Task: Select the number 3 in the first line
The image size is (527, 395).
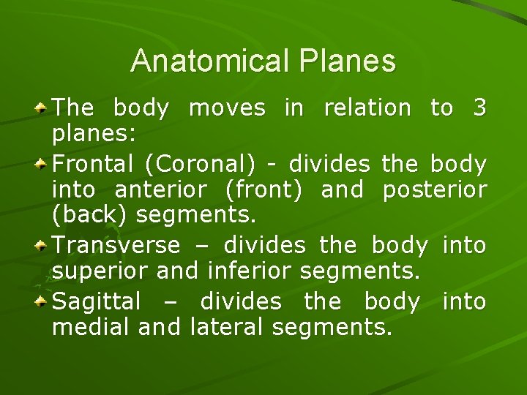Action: (x=479, y=108)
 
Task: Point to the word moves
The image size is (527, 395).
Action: (x=227, y=108)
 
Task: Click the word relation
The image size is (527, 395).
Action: (x=367, y=108)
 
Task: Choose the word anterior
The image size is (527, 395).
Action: (x=161, y=190)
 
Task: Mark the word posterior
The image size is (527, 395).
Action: (x=434, y=191)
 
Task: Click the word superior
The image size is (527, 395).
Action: (x=102, y=273)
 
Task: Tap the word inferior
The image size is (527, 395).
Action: (x=251, y=272)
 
